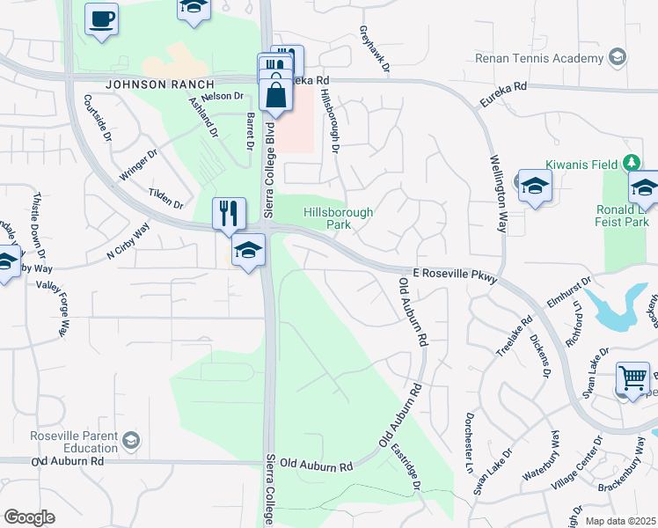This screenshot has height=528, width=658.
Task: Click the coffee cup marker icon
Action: [102, 18]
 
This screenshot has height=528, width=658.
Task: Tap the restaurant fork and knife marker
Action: [229, 213]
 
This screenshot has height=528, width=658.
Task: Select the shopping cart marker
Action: [632, 378]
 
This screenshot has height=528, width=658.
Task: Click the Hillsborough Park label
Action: [338, 218]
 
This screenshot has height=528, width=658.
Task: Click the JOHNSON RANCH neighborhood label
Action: [146, 84]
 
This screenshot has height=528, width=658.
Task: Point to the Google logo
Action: [29, 517]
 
